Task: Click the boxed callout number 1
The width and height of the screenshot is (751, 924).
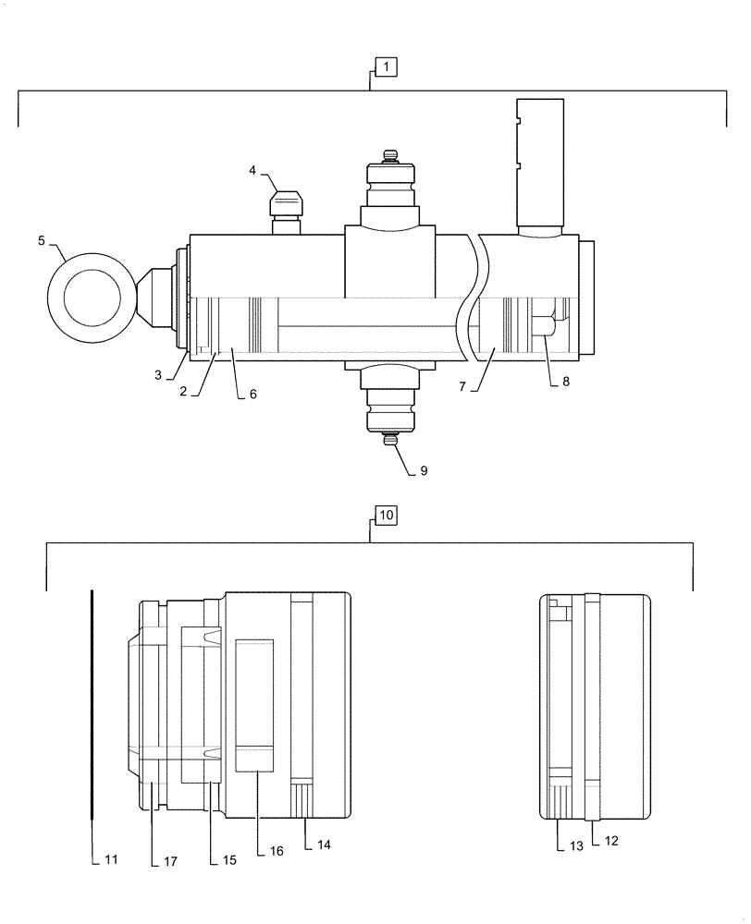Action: coord(386,67)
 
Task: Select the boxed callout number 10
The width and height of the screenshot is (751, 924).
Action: coord(386,514)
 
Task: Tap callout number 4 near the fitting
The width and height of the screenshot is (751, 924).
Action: coord(252,170)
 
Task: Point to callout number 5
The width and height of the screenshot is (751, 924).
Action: coord(42,241)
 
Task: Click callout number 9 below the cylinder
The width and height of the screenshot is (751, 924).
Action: coord(423,470)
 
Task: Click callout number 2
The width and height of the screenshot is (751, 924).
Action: coord(185,391)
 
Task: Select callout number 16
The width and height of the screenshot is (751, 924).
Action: coord(275,851)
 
